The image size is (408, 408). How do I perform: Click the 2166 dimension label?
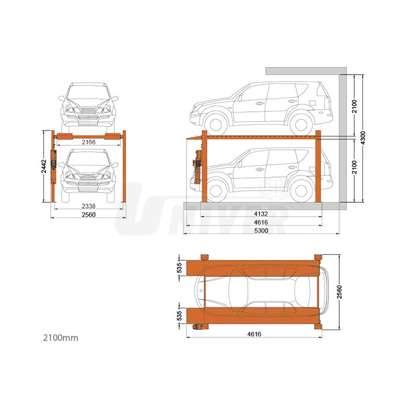tap(89, 142)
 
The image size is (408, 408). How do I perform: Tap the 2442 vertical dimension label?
tap(44, 166)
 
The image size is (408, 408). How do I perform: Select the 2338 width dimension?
tap(89, 206)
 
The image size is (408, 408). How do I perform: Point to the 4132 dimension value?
tap(261, 214)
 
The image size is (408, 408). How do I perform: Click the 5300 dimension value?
tap(261, 231)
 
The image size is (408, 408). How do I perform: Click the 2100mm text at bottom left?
tap(61, 337)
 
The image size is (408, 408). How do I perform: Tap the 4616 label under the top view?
tap(254, 334)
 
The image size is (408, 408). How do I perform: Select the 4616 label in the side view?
tap(261, 222)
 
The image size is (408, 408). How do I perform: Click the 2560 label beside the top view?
tap(339, 292)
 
